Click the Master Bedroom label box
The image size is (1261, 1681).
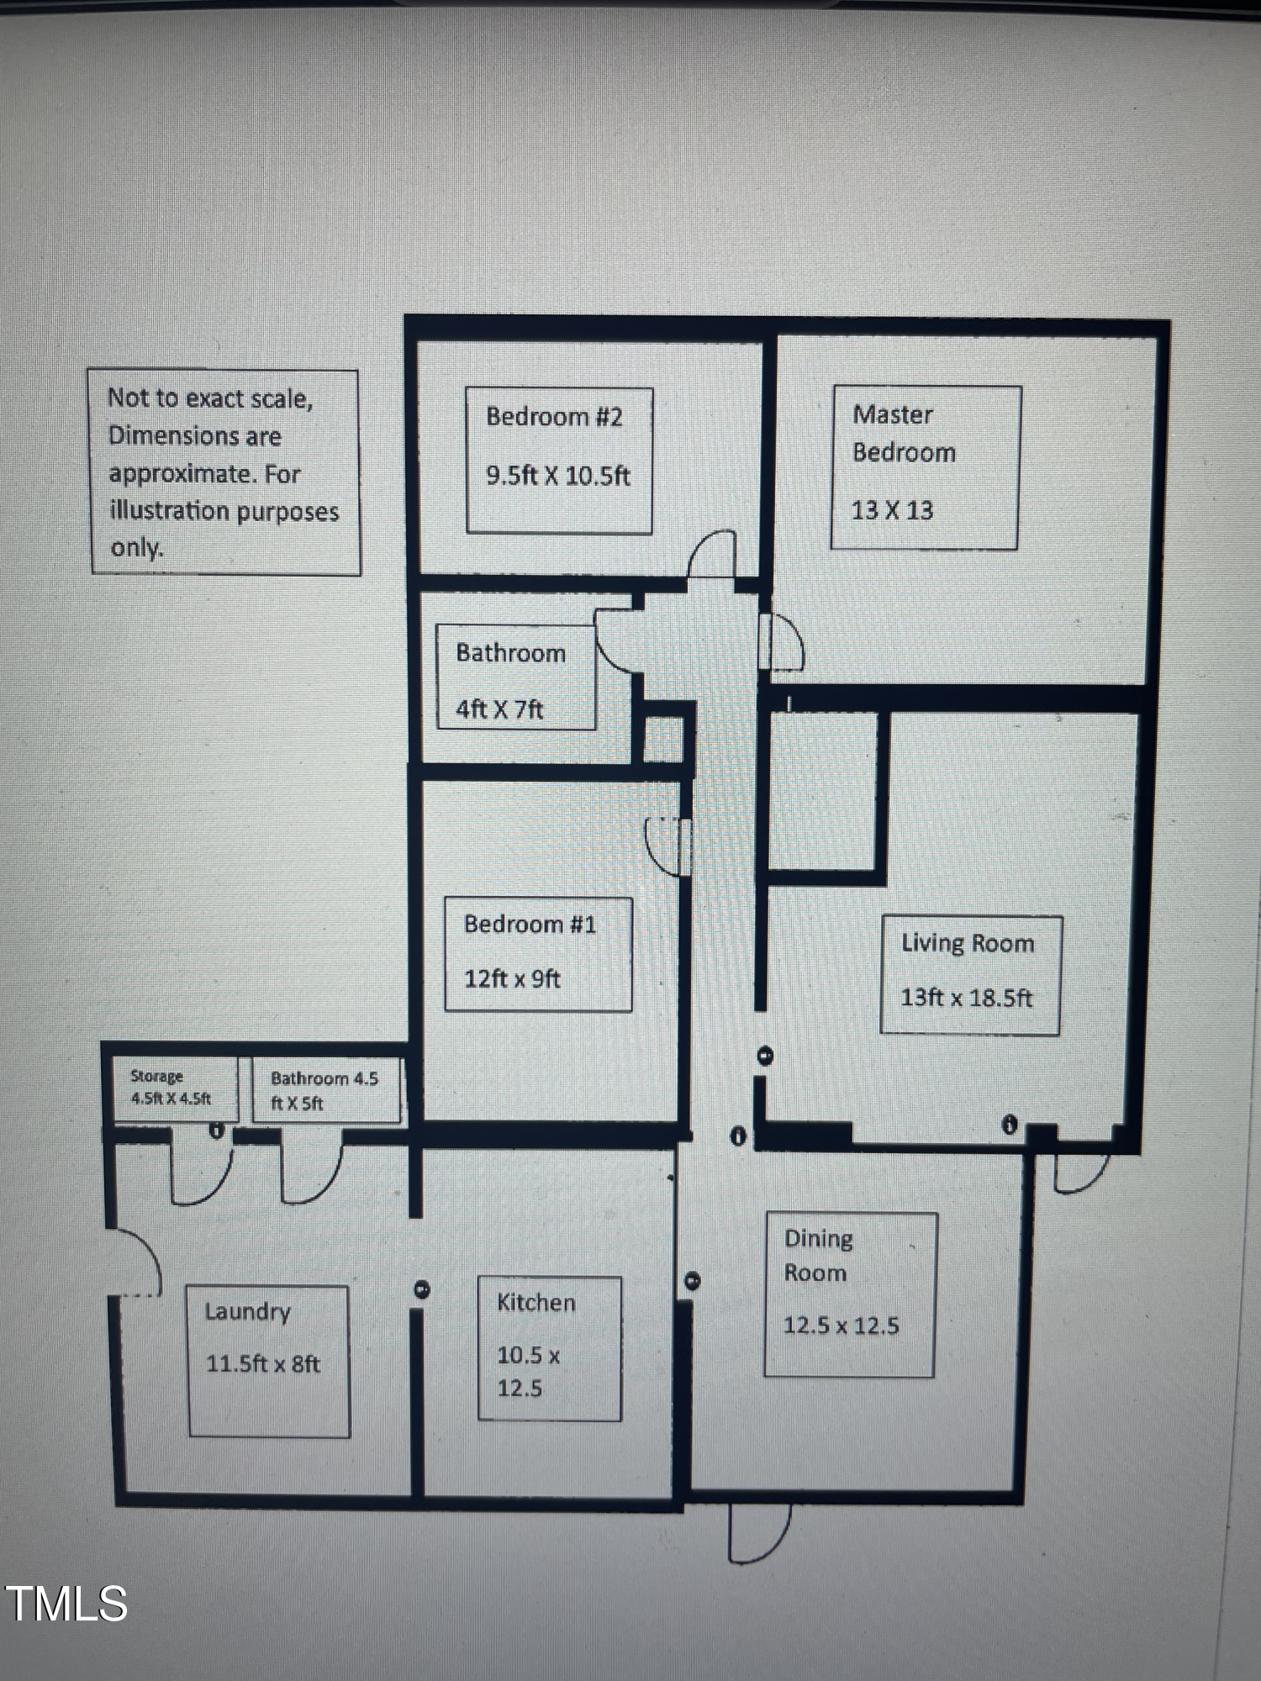[x=926, y=467]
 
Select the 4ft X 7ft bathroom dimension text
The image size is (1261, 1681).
[x=499, y=709]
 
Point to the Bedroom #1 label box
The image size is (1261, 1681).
[x=538, y=954]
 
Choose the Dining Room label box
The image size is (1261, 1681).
[x=850, y=1294]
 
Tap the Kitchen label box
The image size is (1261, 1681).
[x=550, y=1348]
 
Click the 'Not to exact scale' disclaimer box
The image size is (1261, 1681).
[x=224, y=472]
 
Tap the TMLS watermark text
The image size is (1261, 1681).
[x=67, y=1604]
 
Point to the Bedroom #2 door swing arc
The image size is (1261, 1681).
[x=712, y=553]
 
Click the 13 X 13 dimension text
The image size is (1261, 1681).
[x=892, y=510]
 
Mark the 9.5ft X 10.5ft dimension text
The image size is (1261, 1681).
[x=558, y=476]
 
